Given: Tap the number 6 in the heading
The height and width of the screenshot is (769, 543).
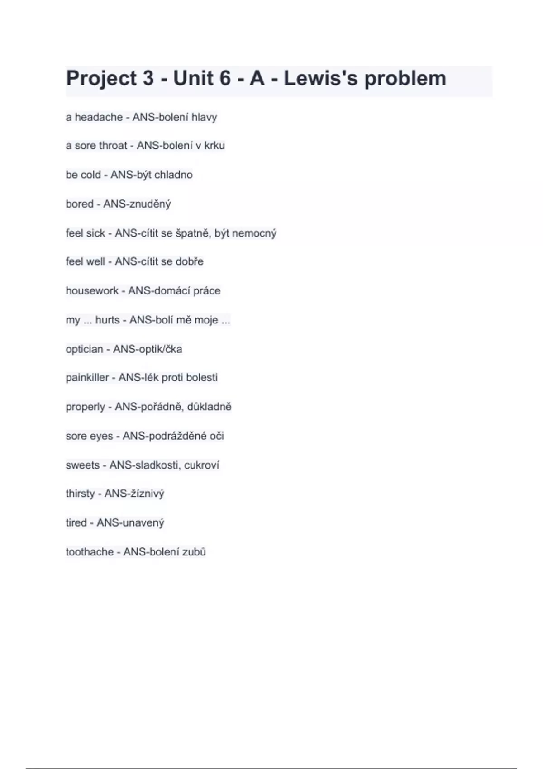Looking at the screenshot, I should pos(225,79).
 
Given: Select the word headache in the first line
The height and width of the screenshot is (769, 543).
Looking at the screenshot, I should pos(99,117).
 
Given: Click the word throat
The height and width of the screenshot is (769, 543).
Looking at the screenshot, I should pos(113,146).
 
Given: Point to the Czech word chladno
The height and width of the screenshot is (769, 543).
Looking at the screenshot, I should pos(173,175).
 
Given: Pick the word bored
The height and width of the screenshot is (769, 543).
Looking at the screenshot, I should pos(80,204).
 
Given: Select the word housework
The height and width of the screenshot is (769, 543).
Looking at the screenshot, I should pos(92,291).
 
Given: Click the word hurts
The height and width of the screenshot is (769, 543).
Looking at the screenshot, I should pos(107,320).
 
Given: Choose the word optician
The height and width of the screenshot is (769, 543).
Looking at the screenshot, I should pos(84,349).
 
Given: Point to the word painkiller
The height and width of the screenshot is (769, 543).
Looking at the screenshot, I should pos(87,378).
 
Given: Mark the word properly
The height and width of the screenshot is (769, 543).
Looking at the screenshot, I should pos(85,407).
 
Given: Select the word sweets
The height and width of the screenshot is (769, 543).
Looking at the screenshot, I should pos(82,465).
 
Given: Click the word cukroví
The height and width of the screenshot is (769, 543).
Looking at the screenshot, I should pos(201,465).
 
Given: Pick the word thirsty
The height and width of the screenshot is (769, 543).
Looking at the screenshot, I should pos(80,494).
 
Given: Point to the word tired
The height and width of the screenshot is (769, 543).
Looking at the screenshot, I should pos(76,523).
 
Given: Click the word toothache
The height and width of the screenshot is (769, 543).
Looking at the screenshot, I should pos(90,552).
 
